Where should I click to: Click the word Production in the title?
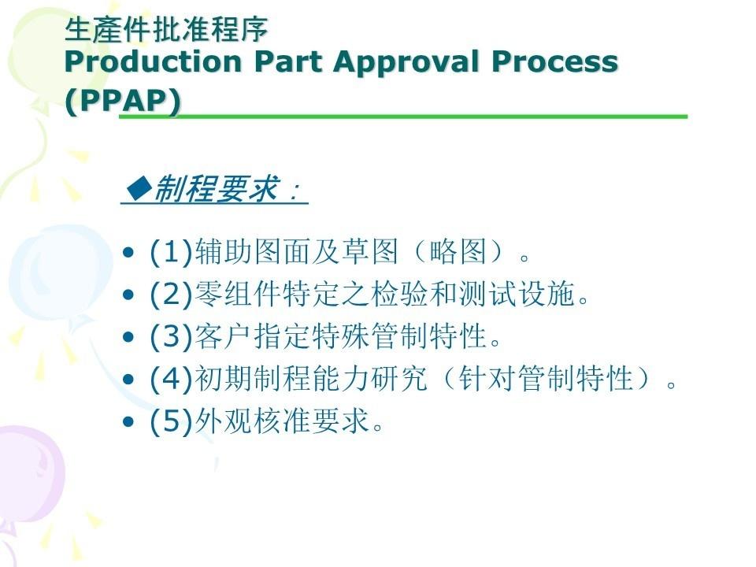153,61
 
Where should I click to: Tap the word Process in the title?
554,62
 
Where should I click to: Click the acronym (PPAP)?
123,102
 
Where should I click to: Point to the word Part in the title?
288,61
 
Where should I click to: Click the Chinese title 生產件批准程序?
166,29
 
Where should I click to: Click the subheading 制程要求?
215,188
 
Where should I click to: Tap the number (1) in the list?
172,252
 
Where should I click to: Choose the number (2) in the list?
172,294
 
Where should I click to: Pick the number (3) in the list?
172,336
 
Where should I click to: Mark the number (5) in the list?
172,421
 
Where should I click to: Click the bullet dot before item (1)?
128,253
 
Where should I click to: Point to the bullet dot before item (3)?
128,337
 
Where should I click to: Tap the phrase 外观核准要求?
282,421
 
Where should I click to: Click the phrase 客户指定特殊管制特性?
340,336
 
